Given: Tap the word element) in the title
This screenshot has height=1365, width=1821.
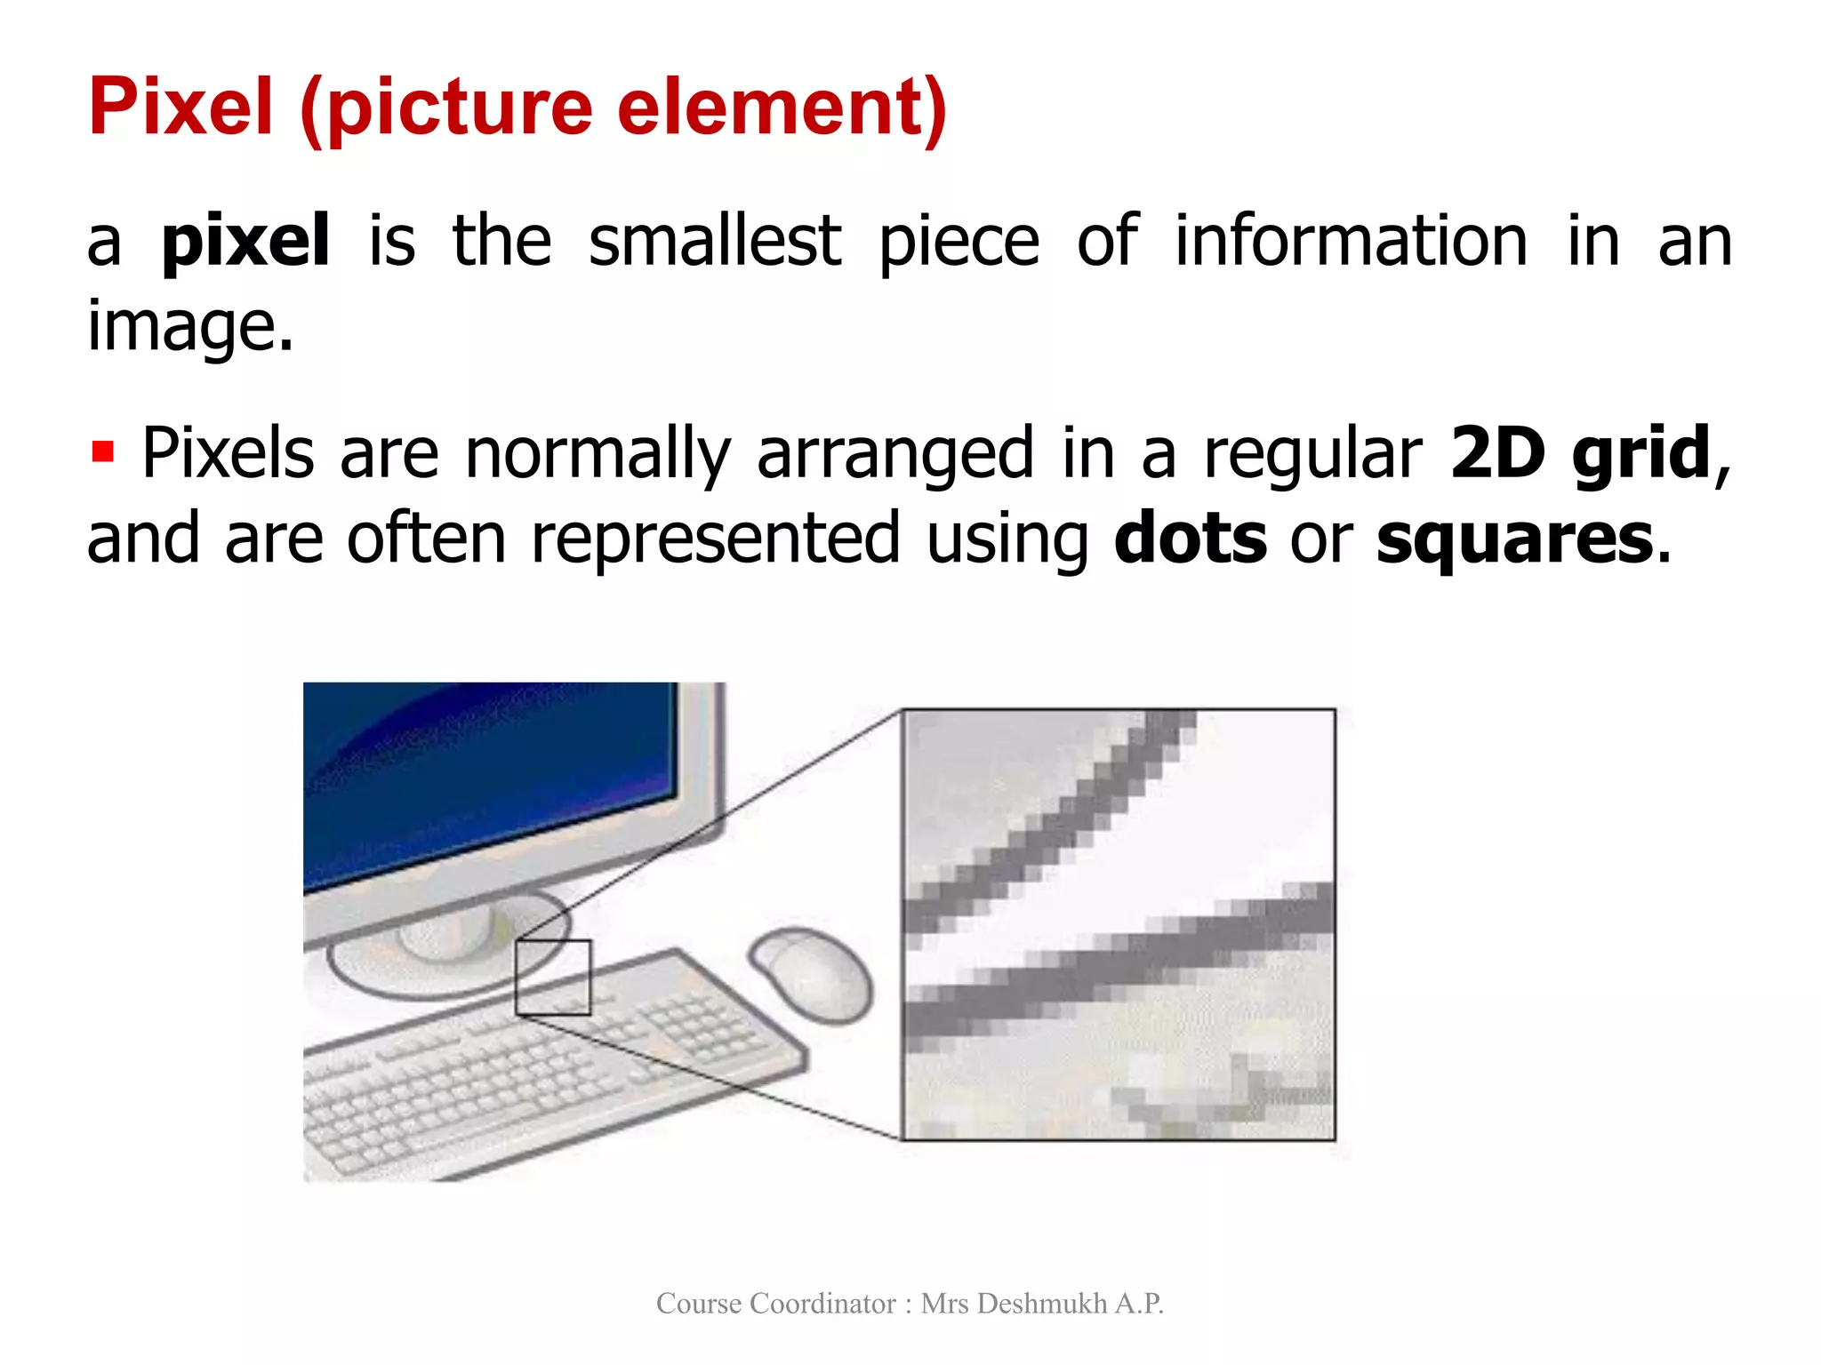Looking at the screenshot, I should (x=782, y=108).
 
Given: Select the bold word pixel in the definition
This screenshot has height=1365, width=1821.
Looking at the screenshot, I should (x=245, y=242).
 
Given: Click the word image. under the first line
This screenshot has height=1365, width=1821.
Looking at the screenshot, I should (x=189, y=327).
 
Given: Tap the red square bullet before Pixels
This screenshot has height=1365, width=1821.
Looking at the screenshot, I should (x=103, y=451).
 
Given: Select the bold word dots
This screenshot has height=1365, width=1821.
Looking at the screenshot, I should (x=1190, y=539).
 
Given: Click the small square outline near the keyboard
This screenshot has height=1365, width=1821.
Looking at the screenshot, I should (x=553, y=977).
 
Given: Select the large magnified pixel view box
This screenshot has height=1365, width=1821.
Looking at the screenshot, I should (x=1118, y=924).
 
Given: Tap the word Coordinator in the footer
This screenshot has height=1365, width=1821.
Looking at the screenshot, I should (x=822, y=1304).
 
